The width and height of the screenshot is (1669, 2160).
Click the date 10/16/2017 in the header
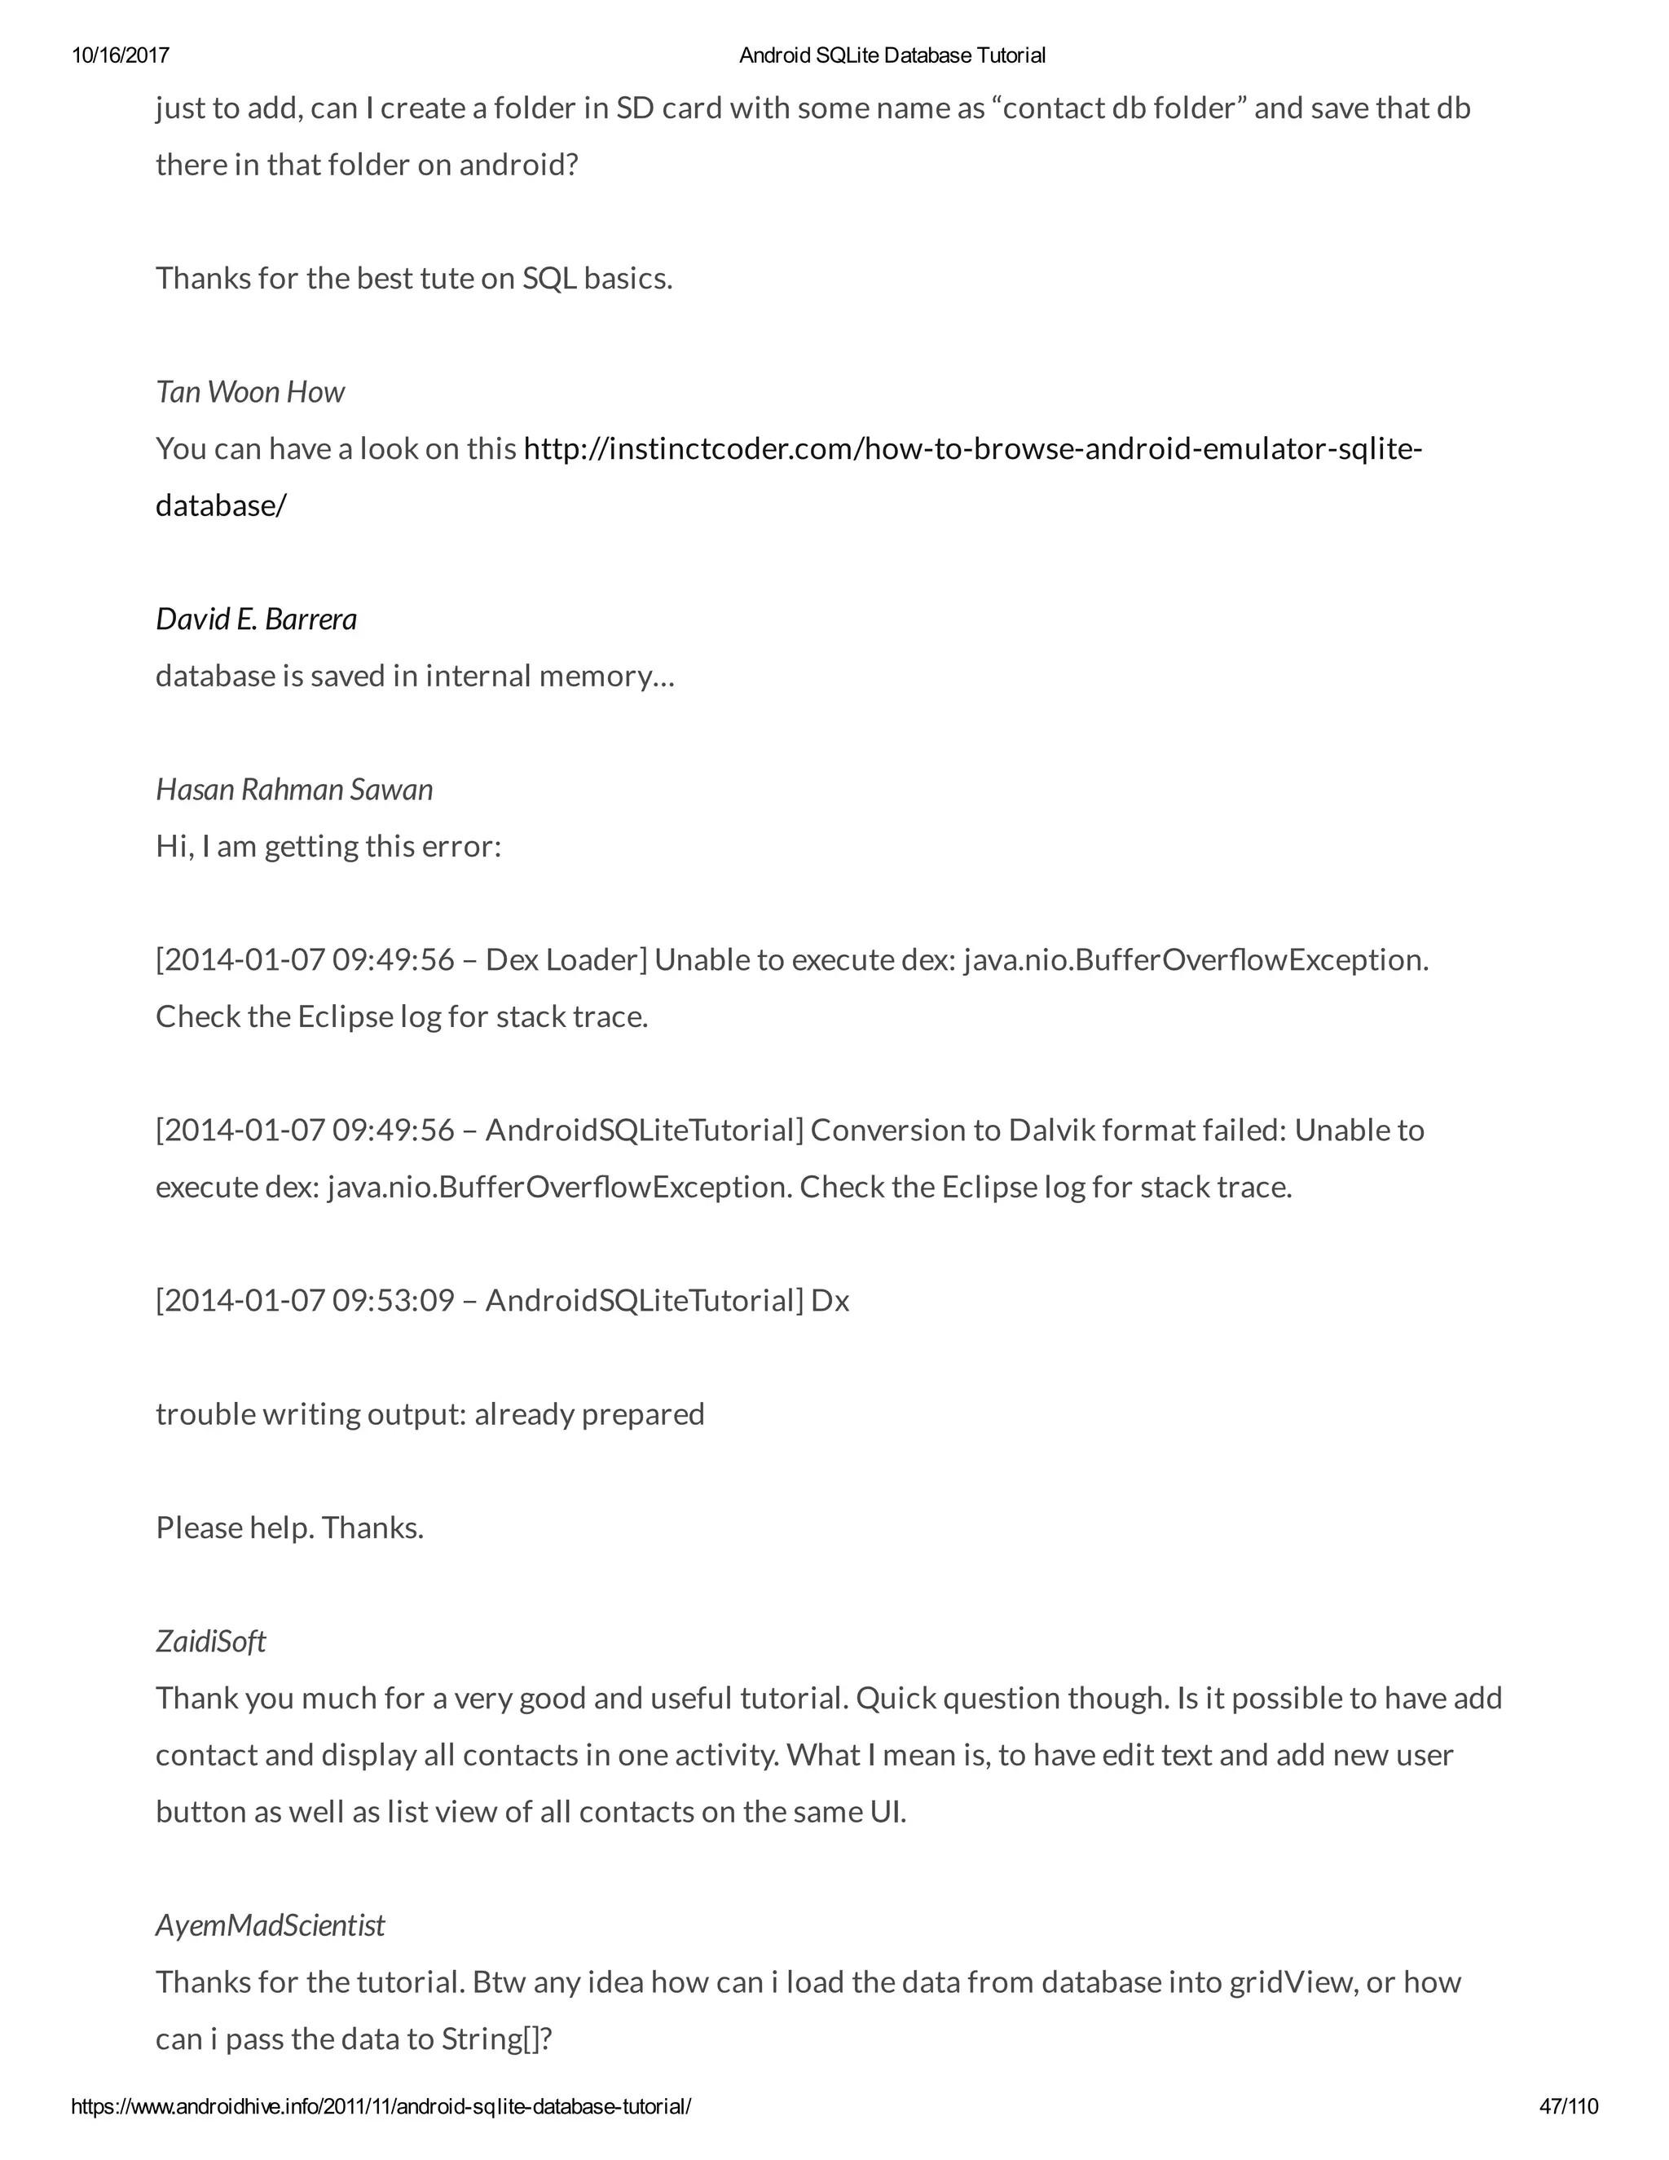[121, 55]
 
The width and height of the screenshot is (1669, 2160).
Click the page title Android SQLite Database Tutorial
[892, 55]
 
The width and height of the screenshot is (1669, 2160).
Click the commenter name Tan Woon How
[250, 393]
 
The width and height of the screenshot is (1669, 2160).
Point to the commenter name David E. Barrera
[256, 619]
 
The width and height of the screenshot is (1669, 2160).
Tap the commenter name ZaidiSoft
[210, 1642]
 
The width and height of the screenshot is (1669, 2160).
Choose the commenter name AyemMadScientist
[270, 1925]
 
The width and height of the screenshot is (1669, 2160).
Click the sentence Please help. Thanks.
[289, 1528]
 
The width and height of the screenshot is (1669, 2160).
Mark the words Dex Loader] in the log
[566, 960]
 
